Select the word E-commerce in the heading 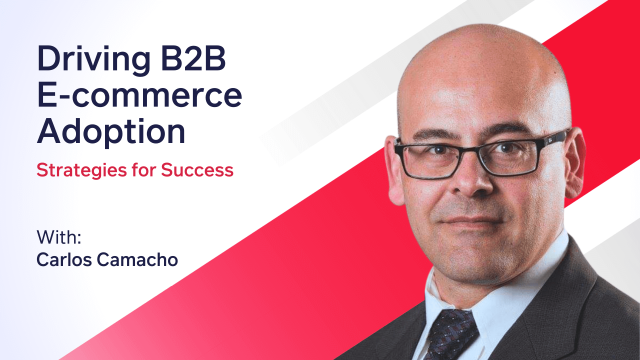pos(139,95)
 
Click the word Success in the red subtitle pos(200,170)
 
